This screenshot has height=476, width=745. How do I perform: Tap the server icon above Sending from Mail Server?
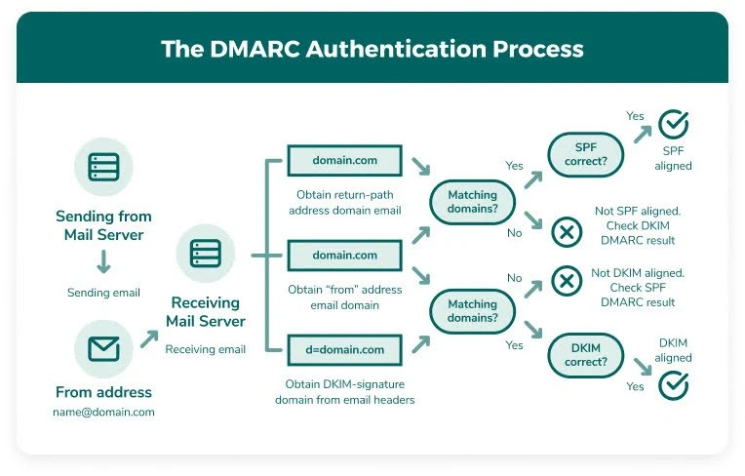click(103, 167)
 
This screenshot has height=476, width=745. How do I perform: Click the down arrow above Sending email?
click(103, 260)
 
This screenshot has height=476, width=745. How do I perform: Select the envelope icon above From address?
click(103, 348)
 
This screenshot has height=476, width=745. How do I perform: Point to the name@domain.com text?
click(103, 412)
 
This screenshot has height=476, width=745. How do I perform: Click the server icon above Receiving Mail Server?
click(205, 254)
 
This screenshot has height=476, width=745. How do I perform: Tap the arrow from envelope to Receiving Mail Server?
click(149, 338)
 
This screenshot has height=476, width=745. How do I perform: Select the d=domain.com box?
click(344, 349)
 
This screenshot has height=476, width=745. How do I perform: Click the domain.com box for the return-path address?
click(344, 159)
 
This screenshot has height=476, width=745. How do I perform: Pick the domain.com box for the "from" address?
click(344, 255)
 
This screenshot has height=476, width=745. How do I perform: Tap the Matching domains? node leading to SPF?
click(472, 203)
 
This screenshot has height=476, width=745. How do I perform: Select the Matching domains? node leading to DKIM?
click(472, 311)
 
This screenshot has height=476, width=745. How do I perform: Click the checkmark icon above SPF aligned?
click(673, 126)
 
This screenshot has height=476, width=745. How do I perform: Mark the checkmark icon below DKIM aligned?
click(673, 385)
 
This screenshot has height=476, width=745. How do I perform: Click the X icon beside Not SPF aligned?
click(567, 232)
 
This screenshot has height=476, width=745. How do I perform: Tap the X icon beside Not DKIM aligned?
click(567, 282)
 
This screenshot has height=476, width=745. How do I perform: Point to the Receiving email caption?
click(205, 349)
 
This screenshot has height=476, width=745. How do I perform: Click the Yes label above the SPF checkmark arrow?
click(635, 116)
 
